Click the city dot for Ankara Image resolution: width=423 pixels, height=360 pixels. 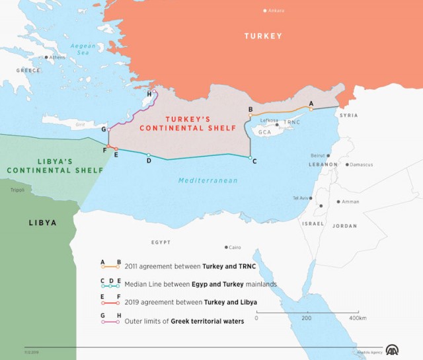pos(265,11)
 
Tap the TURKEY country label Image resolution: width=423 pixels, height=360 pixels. pos(263,36)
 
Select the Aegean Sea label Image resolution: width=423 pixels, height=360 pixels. pos(83,48)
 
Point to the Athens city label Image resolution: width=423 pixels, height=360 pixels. pos(57,57)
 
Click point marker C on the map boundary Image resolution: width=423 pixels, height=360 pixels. pos(250,158)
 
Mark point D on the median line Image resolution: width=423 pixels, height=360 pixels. pos(149,155)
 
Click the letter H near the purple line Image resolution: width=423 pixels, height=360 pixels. pos(149,94)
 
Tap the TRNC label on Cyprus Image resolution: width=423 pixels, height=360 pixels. pos(291,123)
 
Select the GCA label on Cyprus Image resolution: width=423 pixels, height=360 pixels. pos(266,132)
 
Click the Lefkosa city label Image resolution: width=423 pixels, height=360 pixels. pos(269,120)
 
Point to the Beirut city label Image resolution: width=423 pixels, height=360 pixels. pos(317,155)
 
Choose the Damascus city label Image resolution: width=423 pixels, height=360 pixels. pos(362,164)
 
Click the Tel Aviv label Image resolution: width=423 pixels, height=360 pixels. pos(301,198)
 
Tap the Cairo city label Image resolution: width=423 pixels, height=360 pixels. pos(235,248)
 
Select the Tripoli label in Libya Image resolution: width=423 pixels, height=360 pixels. pos(17,190)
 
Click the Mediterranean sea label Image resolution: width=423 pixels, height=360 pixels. pos(208,180)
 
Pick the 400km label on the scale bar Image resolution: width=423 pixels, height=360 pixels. pos(357,318)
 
